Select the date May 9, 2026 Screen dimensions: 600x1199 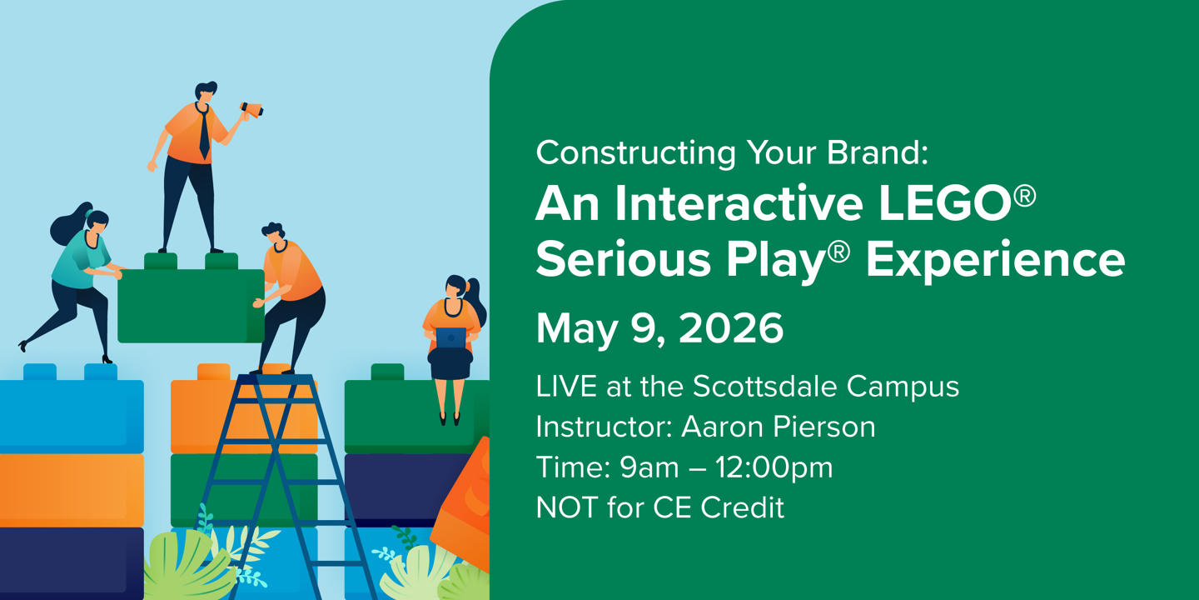coord(659,329)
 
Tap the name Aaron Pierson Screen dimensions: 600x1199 coord(778,427)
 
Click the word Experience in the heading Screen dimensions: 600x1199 coord(995,260)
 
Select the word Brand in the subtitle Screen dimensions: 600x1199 coord(865,152)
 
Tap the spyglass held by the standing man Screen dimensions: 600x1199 coord(251,108)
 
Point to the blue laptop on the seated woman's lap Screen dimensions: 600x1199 coord(450,337)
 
